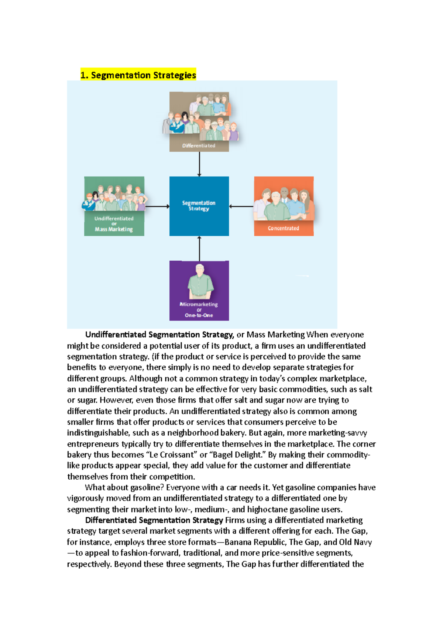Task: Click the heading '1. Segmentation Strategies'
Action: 138,75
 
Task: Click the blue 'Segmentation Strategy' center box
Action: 199,206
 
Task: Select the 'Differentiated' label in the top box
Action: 199,145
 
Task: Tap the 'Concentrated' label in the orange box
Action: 284,228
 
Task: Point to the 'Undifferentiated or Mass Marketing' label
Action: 114,224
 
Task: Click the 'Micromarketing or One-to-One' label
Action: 199,310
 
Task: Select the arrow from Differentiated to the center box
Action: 199,164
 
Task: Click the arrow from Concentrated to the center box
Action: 241,206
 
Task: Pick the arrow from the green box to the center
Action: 157,206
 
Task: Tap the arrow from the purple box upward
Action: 199,249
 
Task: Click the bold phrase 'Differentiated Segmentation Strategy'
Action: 154,520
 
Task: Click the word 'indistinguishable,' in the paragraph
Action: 98,433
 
